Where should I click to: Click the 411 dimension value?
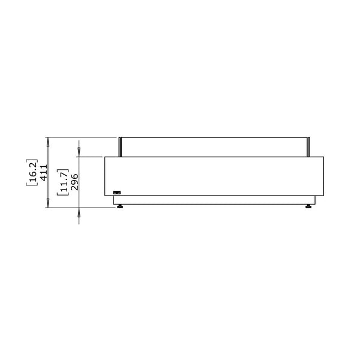coord(44,172)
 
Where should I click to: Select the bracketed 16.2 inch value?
coord(32,172)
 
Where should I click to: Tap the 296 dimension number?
coord(74,182)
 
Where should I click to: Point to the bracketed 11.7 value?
coord(63,182)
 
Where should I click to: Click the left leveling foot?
coord(119,206)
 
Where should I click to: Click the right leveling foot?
coord(308,206)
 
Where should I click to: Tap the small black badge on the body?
coord(117,193)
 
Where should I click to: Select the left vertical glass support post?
coord(120,147)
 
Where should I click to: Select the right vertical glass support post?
coord(308,147)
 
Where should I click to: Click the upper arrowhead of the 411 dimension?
coord(48,142)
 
